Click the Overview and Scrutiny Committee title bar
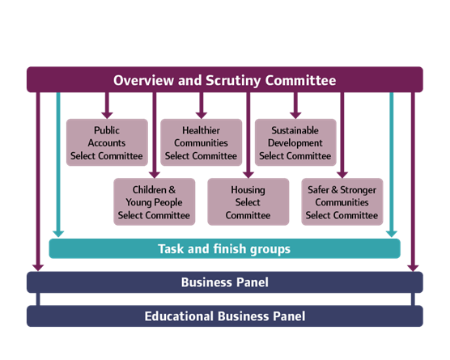[x=224, y=80]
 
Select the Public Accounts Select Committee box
[x=107, y=142]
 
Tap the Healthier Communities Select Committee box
[x=202, y=142]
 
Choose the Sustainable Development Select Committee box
[x=295, y=142]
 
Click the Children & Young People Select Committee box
[x=154, y=202]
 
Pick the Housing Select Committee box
[x=248, y=202]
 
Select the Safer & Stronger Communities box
[x=342, y=202]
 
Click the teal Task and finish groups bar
[x=224, y=248]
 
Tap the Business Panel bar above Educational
[x=224, y=282]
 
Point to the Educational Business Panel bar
[x=224, y=316]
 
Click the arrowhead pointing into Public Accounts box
[x=107, y=114]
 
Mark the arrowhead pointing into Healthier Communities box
[x=202, y=114]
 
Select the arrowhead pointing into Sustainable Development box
[x=295, y=114]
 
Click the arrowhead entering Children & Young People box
[x=154, y=173]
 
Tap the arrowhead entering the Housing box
[x=248, y=173]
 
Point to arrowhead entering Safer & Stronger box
[x=342, y=173]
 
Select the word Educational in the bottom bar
[x=180, y=316]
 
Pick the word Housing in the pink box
[x=248, y=190]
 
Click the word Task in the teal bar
[x=172, y=248]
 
